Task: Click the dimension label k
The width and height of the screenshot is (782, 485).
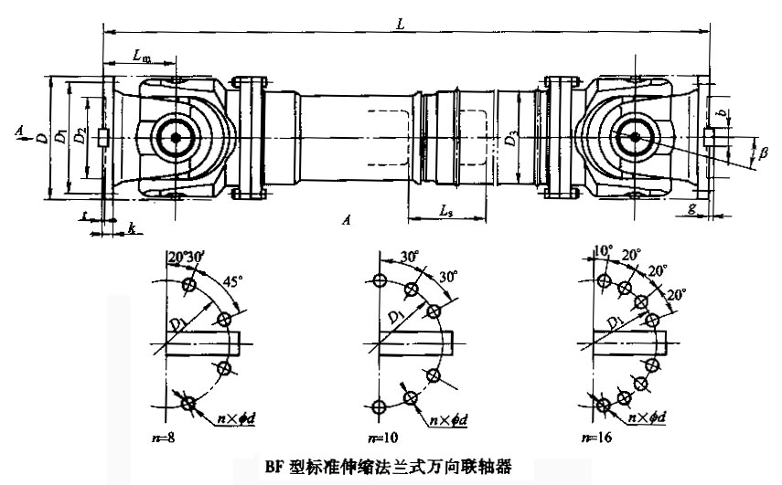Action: click(x=133, y=227)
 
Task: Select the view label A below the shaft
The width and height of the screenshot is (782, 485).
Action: click(x=345, y=220)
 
